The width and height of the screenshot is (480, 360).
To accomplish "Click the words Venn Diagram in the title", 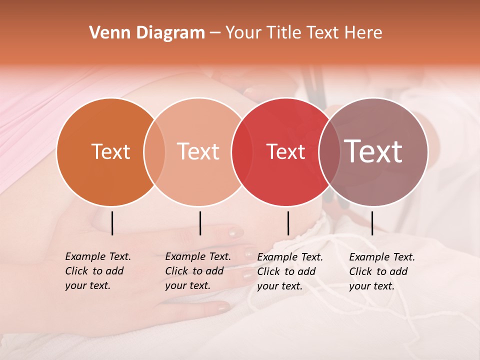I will coord(147,33).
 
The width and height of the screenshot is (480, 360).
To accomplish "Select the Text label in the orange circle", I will coord(110,151).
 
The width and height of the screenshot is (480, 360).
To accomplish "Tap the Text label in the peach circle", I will coord(198,151).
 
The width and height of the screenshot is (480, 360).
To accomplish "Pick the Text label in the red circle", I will coord(285,151).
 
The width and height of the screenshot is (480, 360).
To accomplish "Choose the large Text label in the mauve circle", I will coord(373,151).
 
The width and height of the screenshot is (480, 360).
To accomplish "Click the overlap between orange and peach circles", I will coord(154,152).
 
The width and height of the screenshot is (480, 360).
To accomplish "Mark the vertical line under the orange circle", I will coord(112,223).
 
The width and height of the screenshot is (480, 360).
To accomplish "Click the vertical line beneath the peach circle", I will coord(200,223).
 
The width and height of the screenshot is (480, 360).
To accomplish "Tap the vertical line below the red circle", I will coord(288,223).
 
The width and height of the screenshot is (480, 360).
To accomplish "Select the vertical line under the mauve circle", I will coord(372,223).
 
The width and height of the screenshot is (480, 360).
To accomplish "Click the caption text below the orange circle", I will coord(98,271).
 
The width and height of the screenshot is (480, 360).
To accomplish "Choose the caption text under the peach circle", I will coord(198,271).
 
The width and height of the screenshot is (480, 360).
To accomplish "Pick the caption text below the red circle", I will coord(290,271).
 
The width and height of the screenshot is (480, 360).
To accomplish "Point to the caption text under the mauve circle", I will coord(382,271).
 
